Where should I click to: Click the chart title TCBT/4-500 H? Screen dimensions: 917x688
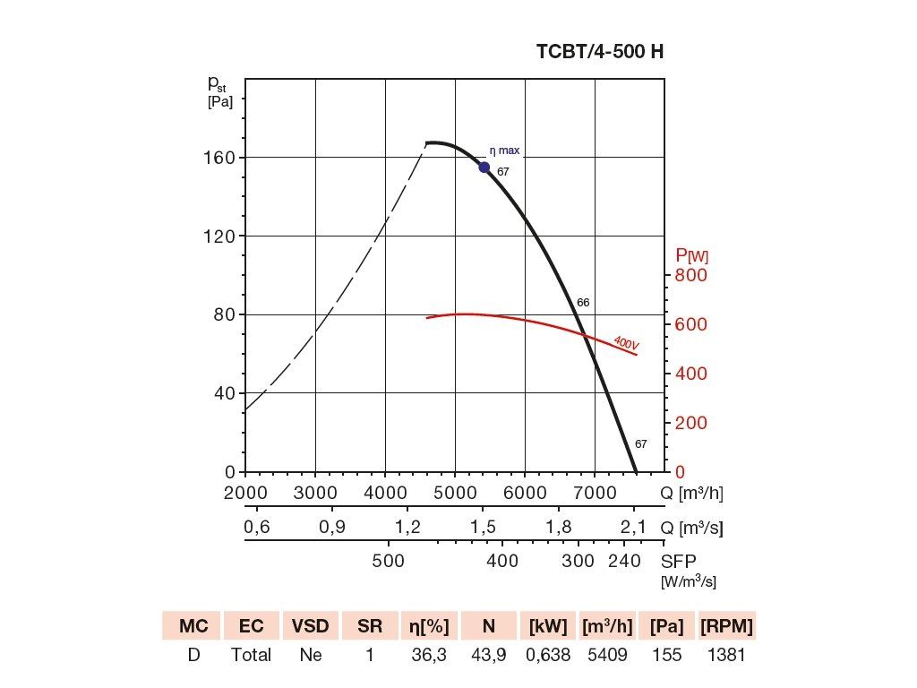coord(600,51)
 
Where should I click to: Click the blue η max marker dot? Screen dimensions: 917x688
coord(484,168)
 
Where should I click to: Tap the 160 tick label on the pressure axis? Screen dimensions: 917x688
coord(219,158)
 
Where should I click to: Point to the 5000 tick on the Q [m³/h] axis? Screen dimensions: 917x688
coord(455,493)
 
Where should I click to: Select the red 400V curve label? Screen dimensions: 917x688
coord(626,343)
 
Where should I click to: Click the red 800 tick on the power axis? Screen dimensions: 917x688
coord(690,275)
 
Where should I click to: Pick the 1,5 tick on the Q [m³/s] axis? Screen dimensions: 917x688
coord(483,527)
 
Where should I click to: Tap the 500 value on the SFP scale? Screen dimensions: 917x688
coord(389,561)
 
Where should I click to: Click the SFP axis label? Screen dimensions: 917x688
coord(679,562)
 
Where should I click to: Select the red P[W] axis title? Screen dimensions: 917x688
coord(691,255)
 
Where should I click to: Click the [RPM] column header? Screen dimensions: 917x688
coord(726,626)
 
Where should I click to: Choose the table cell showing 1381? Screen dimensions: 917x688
coord(726,655)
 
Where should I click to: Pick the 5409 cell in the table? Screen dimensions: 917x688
coord(607,655)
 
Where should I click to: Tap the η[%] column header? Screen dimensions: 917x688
coord(429,626)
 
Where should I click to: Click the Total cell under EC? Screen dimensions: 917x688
coord(251,655)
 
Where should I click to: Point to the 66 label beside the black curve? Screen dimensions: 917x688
coord(583,303)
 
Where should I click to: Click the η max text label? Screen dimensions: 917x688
coord(504,150)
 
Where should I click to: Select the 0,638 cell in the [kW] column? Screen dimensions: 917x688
coord(548,655)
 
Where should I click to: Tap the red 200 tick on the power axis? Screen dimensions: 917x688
coord(690,423)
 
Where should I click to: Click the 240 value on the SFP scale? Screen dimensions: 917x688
coord(624,561)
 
